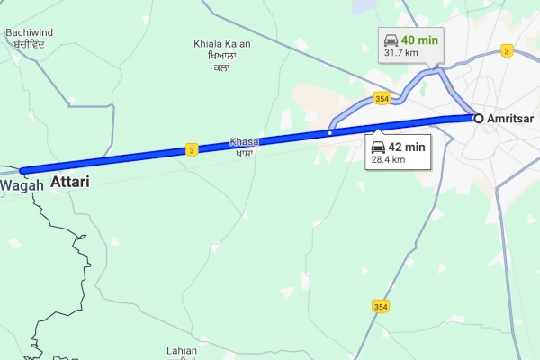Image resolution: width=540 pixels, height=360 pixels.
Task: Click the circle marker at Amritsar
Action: coord(479,118)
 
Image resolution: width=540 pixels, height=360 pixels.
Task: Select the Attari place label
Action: coord(70,182)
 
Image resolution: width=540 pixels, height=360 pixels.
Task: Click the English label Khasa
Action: coord(244,141)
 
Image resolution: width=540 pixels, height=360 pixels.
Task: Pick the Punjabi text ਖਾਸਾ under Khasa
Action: coord(244,153)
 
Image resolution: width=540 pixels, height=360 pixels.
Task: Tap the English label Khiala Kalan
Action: coord(222,44)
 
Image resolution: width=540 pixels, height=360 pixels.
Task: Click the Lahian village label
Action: coord(181,350)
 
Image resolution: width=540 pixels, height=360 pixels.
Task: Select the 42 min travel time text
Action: coord(408,147)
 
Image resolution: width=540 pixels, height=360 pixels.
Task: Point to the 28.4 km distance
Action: coord(388,160)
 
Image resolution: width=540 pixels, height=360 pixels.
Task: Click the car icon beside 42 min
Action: coord(379,147)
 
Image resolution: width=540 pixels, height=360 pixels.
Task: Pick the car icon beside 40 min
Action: coord(391,40)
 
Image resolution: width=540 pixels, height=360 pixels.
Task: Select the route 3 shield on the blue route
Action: coord(192,150)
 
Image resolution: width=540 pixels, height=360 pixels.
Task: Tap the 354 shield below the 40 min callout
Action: coord(382,98)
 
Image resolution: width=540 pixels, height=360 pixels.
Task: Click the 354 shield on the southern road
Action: coord(380,307)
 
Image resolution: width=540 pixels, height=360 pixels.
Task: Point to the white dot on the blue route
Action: coord(330,133)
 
